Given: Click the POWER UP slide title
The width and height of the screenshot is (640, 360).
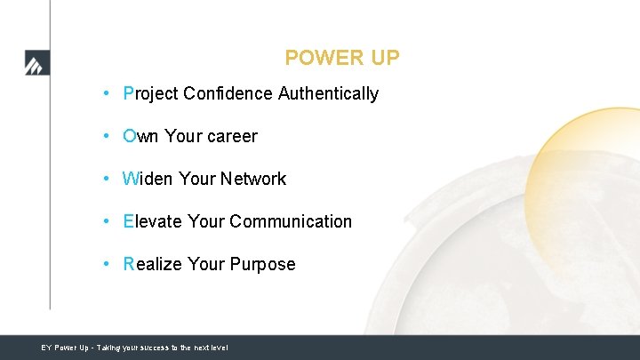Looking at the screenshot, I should tap(342, 59).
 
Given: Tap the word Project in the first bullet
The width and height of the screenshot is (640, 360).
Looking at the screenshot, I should tap(151, 93).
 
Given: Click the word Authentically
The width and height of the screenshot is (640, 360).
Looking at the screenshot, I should tap(328, 93).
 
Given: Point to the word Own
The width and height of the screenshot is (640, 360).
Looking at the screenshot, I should tap(141, 136).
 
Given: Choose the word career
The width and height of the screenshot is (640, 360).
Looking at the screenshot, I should tap(232, 136).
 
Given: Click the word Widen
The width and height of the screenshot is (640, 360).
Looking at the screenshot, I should tap(148, 179).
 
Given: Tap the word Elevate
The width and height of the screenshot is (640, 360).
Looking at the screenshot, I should tap(153, 221).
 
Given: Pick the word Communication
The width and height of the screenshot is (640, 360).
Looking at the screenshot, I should tap(291, 221).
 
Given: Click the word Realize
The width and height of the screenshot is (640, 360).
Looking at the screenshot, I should tap(153, 264).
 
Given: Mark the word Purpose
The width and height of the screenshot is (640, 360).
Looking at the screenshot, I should tap(262, 264).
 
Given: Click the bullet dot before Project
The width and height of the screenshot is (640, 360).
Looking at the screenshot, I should tap(106, 93).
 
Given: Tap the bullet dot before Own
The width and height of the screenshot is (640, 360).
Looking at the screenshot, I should tap(106, 136).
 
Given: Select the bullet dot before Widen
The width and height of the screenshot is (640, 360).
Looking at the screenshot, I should tap(106, 179).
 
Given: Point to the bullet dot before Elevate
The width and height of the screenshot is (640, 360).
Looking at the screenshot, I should tap(106, 221).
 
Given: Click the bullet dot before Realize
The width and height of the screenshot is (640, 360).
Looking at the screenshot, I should tap(106, 264).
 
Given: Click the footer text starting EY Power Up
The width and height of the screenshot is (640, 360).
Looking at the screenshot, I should tap(134, 348).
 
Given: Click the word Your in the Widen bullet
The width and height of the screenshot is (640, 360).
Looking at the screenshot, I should tap(197, 179).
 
